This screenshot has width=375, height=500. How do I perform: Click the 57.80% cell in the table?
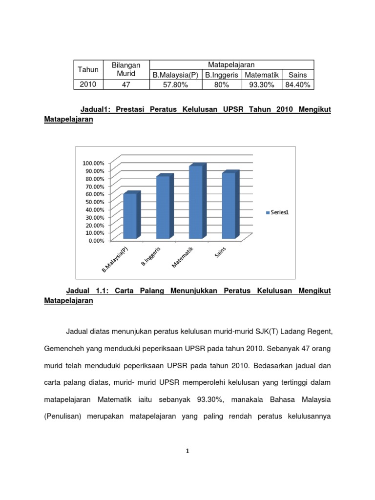175,85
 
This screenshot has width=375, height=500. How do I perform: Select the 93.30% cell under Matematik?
262,85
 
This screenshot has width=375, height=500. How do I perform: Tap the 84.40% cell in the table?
299,85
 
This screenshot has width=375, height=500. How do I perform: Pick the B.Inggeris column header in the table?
222,75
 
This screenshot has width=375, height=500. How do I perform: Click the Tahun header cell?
88,70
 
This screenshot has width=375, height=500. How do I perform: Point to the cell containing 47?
125,85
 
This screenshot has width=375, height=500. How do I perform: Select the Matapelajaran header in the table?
231,65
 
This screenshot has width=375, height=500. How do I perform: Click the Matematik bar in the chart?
196,202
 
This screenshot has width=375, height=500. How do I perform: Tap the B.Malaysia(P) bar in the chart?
130,216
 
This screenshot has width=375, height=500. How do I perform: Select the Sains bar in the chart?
229,206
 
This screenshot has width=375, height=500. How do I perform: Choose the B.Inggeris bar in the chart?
163,207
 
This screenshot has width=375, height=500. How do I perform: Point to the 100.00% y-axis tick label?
93,163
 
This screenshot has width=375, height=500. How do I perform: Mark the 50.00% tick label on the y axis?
94,202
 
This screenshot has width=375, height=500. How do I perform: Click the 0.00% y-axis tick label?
96,240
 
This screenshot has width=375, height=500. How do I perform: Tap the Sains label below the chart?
221,254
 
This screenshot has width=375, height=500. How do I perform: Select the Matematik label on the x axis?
183,257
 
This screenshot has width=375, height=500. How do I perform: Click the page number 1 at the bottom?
187,452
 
